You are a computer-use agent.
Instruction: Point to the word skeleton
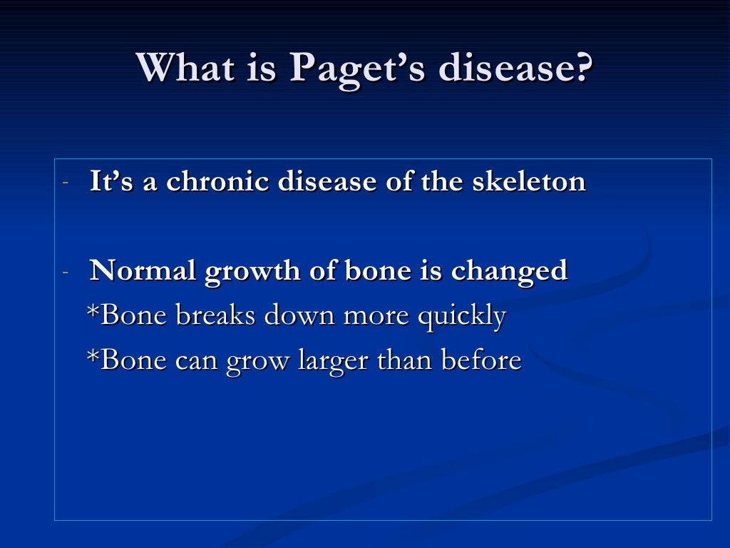click(529, 181)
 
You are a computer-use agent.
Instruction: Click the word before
click(481, 360)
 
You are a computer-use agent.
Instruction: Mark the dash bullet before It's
click(65, 183)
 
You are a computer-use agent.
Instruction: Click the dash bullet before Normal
click(65, 272)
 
